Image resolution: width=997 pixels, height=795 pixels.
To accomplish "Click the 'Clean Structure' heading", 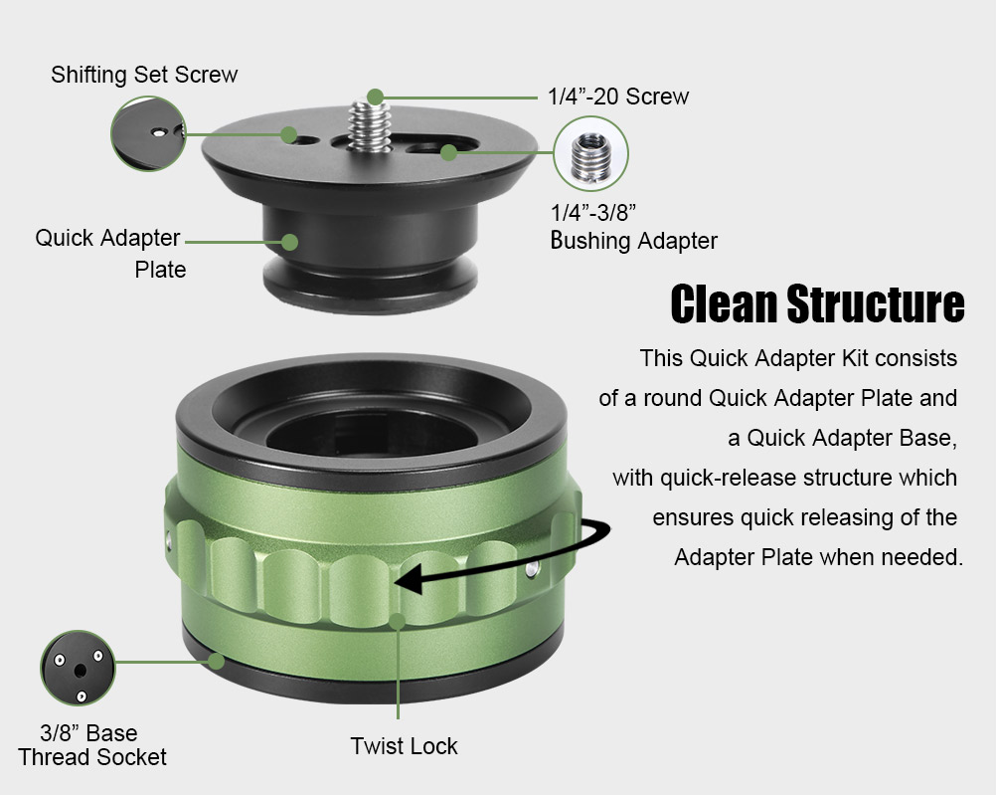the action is coord(817,303).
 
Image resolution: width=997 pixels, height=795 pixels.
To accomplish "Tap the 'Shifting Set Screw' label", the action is coord(144,75).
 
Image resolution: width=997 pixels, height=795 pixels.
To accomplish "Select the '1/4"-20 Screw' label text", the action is coord(618,97).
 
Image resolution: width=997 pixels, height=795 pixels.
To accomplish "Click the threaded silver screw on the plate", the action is coord(369,125).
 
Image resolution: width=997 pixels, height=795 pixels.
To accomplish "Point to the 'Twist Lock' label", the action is coord(404,746).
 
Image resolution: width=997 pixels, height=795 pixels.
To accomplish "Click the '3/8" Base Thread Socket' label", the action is coord(91,745).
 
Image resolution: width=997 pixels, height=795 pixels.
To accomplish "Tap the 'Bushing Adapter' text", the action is coord(633,241).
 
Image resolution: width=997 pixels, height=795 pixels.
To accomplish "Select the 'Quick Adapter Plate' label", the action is coord(108,254).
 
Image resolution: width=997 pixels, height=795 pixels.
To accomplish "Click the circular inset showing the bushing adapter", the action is coord(590,153).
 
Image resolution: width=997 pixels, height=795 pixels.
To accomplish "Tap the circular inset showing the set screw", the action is coord(148,133).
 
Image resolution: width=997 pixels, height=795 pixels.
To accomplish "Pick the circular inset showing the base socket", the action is coord(78,668).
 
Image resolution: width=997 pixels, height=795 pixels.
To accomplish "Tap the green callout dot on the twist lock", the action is coord(398,621).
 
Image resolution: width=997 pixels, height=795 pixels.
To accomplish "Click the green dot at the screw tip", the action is coord(375,98).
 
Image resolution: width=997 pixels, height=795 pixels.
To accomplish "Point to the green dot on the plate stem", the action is coord(289,242).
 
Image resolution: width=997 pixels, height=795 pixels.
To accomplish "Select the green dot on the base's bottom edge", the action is coord(217,661).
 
